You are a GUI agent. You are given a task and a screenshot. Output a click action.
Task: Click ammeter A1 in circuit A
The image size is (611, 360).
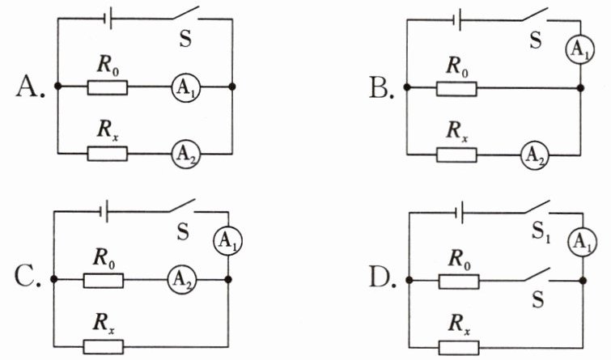coord(186,87)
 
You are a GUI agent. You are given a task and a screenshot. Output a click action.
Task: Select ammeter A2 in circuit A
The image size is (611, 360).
coord(186,155)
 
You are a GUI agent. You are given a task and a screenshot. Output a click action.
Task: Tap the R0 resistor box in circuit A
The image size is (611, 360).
coord(107,87)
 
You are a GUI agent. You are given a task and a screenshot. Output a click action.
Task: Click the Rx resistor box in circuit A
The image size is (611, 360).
coord(107,154)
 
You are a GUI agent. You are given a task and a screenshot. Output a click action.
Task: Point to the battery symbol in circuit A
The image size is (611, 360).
coord(108,19)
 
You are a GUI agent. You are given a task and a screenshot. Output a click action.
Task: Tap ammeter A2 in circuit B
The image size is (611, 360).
coord(536,155)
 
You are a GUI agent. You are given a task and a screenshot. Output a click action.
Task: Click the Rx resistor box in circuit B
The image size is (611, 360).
coord(456,155)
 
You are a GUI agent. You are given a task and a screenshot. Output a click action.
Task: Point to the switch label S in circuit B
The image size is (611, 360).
coord(537,40)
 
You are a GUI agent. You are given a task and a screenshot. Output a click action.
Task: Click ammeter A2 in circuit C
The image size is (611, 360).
coord(182,279)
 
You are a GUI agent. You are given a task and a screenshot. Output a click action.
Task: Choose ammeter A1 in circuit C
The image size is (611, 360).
coord(227,241)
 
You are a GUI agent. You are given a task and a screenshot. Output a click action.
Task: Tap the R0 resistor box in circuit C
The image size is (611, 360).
coord(104,281)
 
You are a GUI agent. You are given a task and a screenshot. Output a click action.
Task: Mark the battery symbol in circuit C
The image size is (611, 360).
coord(104,212)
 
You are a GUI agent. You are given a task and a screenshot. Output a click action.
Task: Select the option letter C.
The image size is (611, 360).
coord(28,277)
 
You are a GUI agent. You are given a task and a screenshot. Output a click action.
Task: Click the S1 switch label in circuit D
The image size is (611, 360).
coord(541,233)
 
